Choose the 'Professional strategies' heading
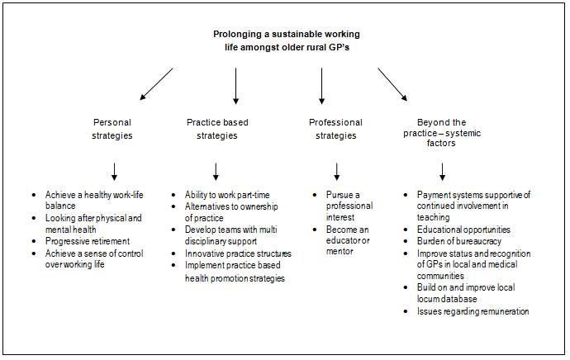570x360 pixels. [335, 129]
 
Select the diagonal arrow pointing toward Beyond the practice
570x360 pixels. [393, 84]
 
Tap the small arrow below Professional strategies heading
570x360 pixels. [336, 171]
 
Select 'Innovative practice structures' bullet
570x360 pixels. [238, 253]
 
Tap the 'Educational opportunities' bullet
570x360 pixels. [463, 229]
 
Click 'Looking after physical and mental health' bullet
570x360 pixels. [93, 223]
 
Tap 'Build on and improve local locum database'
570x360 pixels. [458, 294]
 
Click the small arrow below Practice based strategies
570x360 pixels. [216, 171]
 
